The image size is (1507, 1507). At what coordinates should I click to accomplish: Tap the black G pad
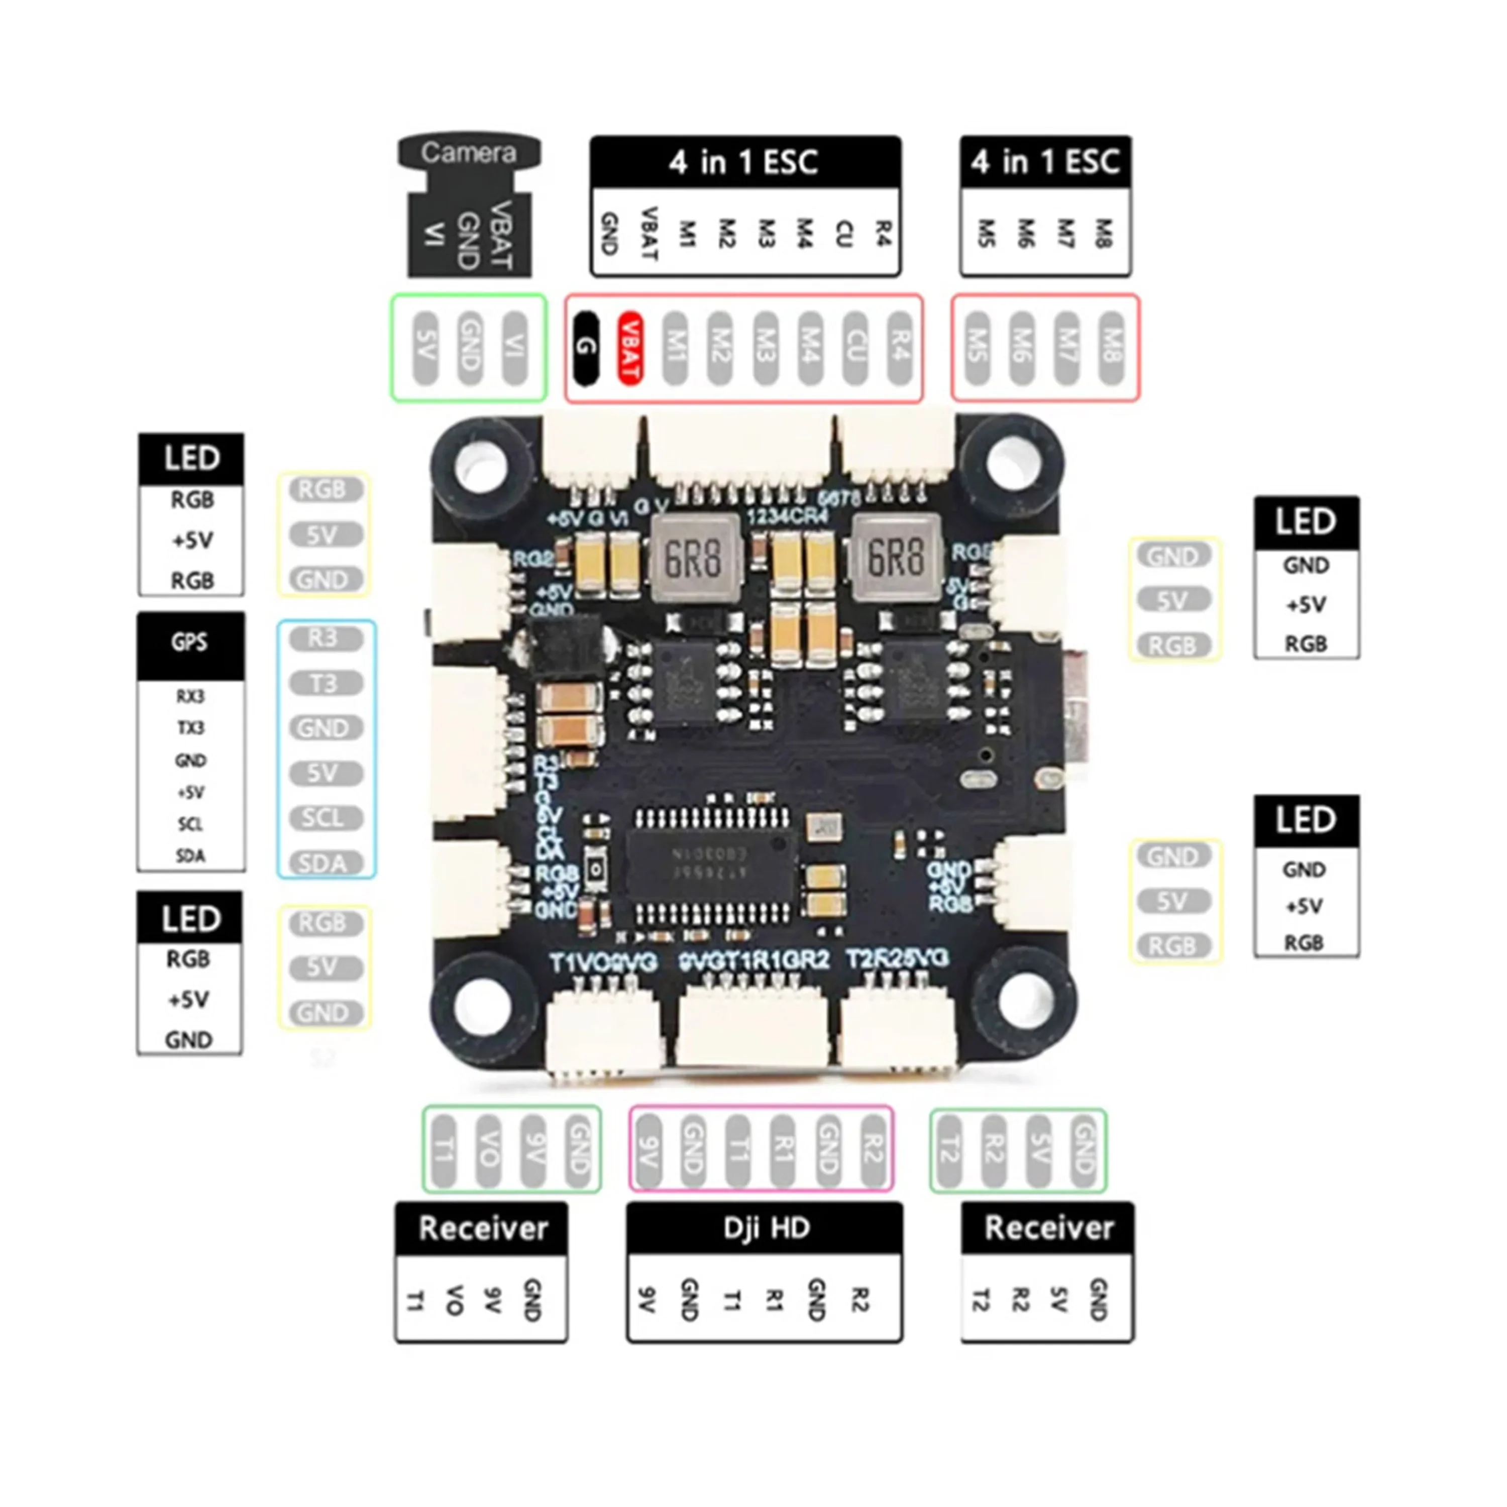click(x=585, y=348)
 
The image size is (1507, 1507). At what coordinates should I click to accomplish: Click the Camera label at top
click(x=469, y=152)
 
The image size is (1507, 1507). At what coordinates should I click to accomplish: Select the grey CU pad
click(x=855, y=348)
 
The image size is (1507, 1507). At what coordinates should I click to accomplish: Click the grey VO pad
click(x=488, y=1150)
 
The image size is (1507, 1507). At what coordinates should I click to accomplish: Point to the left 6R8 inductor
click(x=693, y=558)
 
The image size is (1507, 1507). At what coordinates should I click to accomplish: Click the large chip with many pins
click(x=711, y=866)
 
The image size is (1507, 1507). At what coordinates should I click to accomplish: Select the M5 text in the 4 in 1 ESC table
click(x=987, y=233)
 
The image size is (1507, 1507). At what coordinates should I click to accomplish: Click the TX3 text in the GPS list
click(x=190, y=728)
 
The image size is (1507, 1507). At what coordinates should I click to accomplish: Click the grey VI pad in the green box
click(x=515, y=348)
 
